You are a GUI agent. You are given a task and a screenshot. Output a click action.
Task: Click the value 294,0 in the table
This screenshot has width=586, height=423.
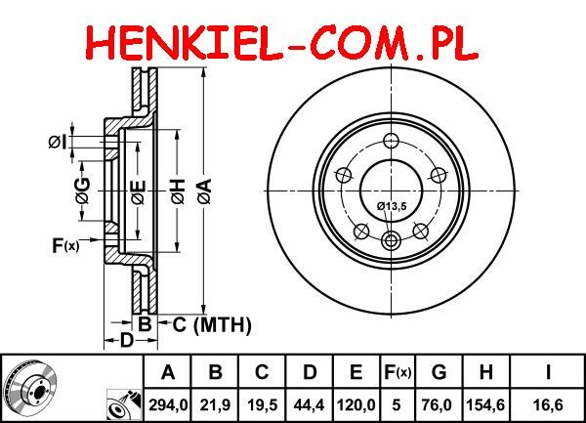tap(168, 405)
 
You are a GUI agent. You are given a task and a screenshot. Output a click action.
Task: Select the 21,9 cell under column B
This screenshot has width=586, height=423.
tap(215, 405)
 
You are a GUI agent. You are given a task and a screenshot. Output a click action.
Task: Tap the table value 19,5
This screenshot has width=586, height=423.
tap(262, 405)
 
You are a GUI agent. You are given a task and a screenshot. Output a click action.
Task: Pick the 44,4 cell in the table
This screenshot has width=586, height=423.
tap(309, 405)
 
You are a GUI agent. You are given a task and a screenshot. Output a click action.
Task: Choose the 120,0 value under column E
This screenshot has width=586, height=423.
tap(356, 405)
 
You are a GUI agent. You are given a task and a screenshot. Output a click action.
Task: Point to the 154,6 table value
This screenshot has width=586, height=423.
tap(485, 405)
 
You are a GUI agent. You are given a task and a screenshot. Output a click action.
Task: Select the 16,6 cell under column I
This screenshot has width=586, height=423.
tap(547, 405)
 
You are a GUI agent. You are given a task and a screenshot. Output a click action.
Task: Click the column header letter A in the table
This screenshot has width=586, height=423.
tap(168, 372)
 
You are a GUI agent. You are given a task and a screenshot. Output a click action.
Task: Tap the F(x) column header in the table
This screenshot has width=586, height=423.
tap(397, 372)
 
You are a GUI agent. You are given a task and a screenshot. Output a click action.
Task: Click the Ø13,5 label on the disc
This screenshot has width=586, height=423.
tap(392, 206)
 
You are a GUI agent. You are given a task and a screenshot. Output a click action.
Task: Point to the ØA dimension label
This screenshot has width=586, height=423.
tap(204, 191)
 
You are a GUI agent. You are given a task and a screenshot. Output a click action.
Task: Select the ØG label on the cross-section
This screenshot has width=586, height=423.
tap(83, 190)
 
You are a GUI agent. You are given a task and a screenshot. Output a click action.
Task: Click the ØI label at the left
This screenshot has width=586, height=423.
tap(58, 142)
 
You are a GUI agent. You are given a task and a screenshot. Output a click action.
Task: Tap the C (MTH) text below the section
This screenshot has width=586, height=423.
tap(212, 324)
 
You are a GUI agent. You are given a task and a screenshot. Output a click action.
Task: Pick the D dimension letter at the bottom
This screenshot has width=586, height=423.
tap(127, 340)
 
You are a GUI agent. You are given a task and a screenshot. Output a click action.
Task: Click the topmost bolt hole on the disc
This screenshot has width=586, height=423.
tap(392, 141)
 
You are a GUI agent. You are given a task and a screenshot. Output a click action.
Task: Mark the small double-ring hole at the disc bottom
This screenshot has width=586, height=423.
tap(392, 240)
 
